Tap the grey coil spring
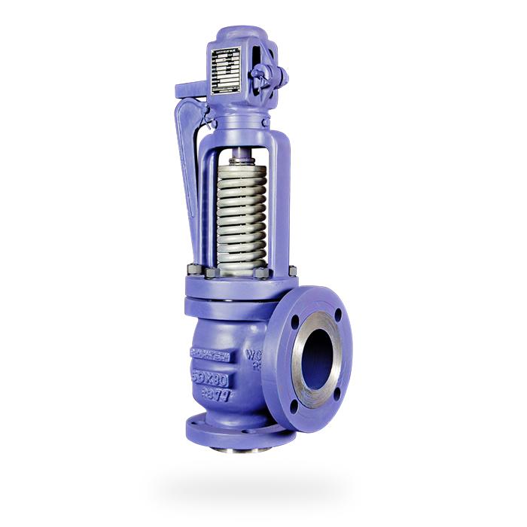(241, 218)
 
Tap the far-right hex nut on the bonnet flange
(291, 270)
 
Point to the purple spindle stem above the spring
(240, 157)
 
